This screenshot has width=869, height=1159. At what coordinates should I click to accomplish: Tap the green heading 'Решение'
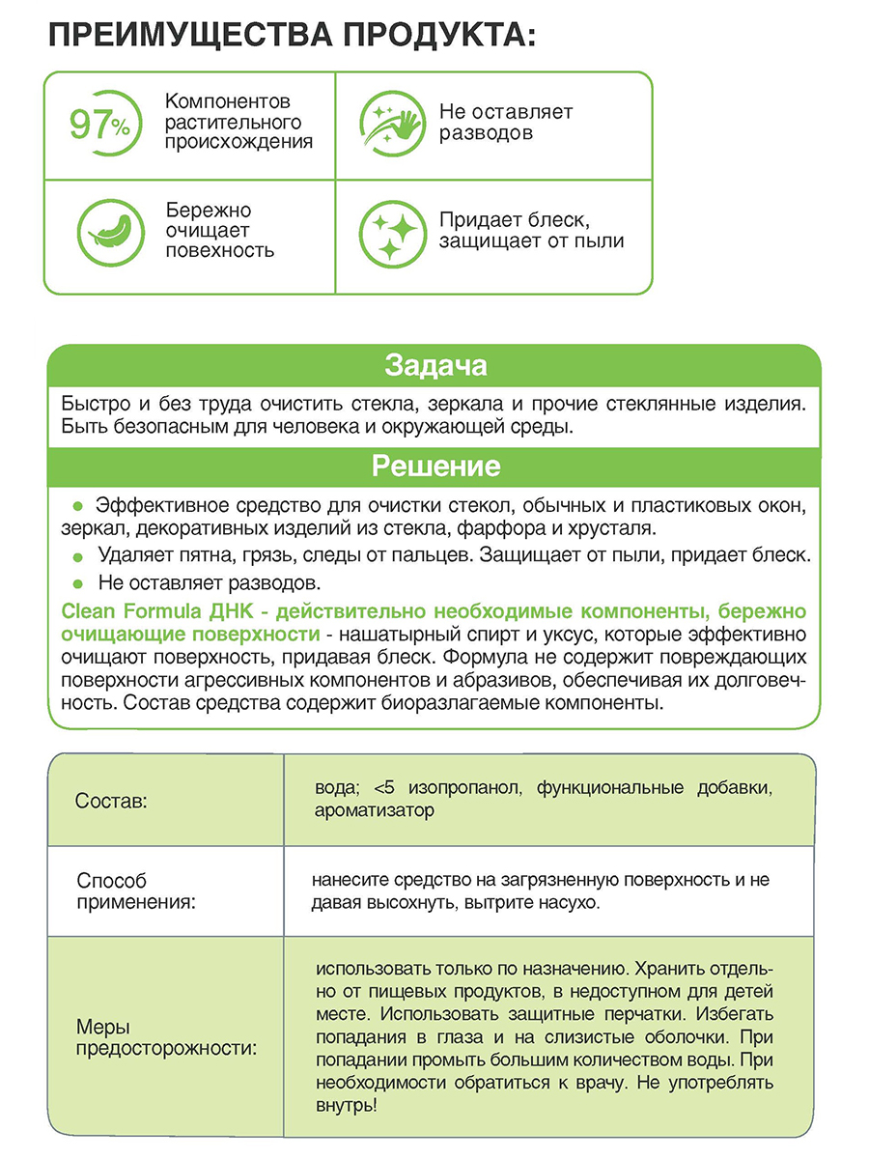pyautogui.click(x=434, y=466)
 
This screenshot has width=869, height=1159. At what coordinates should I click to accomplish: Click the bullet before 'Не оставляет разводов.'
pyautogui.click(x=80, y=583)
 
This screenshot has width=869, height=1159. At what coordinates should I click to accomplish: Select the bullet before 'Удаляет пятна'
pyautogui.click(x=80, y=557)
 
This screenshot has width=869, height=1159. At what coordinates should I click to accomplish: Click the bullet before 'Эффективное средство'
pyautogui.click(x=80, y=506)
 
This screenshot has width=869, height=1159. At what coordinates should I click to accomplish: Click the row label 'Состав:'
pyautogui.click(x=111, y=802)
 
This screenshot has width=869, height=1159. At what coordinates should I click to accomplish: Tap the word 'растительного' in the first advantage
pyautogui.click(x=234, y=122)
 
